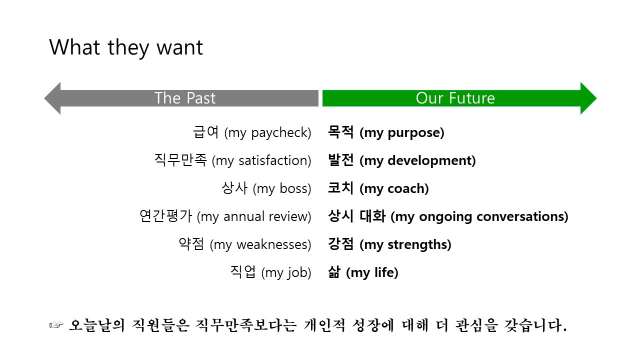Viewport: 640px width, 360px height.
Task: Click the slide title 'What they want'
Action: [x=126, y=47]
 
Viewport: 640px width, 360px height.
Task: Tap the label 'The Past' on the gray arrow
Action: [x=185, y=98]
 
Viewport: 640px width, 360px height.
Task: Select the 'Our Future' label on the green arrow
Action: [x=455, y=98]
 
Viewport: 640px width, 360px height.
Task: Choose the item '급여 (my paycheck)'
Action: [x=252, y=132]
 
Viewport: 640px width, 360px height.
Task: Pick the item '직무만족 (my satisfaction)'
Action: [x=233, y=160]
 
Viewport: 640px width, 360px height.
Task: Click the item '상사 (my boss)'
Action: [x=266, y=188]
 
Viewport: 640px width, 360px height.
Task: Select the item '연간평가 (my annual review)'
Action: [x=225, y=216]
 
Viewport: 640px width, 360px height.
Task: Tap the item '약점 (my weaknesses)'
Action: [x=245, y=244]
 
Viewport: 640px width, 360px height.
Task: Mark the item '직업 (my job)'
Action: [x=270, y=272]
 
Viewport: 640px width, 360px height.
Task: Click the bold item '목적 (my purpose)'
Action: [x=386, y=132]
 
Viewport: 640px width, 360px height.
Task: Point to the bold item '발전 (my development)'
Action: [x=401, y=160]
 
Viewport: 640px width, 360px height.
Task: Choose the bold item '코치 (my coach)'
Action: [x=378, y=188]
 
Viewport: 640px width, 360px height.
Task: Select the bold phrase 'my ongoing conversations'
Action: [x=479, y=216]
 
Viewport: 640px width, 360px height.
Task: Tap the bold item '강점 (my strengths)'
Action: [x=389, y=244]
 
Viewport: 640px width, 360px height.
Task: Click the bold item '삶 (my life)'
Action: [x=363, y=272]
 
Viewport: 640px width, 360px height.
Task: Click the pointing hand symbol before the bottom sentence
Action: [x=56, y=326]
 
